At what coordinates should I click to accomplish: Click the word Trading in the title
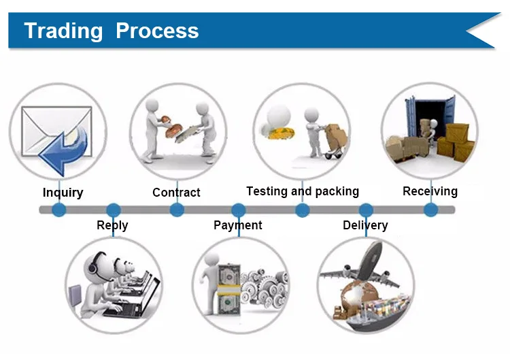pos(63,31)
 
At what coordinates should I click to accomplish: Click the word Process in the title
pos(157,31)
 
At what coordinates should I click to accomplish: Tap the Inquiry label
pos(63,193)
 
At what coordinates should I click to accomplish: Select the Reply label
pos(112,225)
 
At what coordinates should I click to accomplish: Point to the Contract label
pos(176,193)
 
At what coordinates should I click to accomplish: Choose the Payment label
pos(237,225)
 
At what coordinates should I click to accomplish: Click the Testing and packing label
pos(302,191)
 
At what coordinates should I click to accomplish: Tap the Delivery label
pos(365,225)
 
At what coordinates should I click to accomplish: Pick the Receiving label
pos(430,191)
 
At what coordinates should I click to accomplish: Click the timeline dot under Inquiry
pos(59,210)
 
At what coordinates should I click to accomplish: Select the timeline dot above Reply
pos(114,210)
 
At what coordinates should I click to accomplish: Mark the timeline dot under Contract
pos(177,210)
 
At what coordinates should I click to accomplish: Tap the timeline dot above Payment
pos(238,210)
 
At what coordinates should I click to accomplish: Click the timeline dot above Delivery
pos(366,210)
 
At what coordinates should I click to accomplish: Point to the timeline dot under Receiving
pos(430,210)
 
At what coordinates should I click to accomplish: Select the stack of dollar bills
pos(226,289)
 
